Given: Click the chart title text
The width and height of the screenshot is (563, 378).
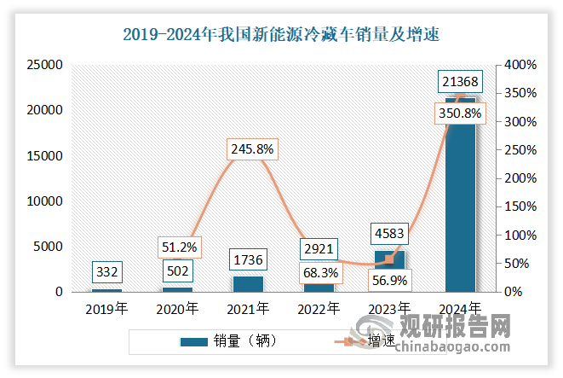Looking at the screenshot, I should [281, 35].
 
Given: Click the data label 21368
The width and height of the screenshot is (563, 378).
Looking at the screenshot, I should [460, 81].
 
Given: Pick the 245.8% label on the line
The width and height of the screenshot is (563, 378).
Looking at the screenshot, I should [251, 148].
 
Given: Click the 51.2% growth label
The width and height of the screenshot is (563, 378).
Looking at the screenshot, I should [180, 247].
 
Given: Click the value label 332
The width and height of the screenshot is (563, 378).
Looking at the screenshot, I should [107, 272].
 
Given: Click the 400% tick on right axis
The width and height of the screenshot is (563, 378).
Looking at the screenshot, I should [519, 65].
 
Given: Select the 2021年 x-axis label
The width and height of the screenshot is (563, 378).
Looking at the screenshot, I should [249, 308].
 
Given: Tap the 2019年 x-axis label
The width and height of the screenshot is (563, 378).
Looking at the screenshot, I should [107, 308].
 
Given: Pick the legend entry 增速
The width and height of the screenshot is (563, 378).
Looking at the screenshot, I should [382, 341].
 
